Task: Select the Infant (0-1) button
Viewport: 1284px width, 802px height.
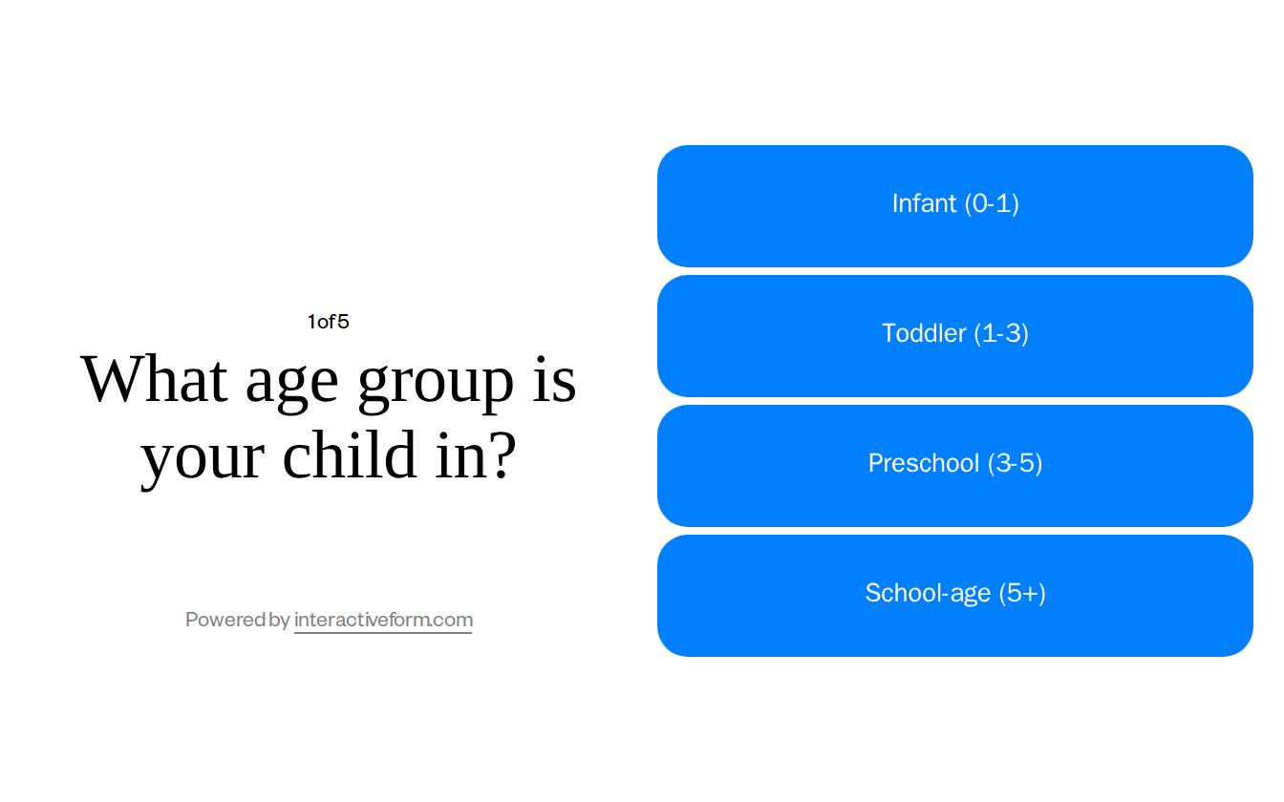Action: coord(955,206)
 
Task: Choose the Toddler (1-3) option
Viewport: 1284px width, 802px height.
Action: coord(955,336)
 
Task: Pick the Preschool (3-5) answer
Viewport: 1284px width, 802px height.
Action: coord(955,466)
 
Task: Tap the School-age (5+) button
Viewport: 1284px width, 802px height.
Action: coord(955,596)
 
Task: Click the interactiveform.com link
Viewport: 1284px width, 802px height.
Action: coord(383,620)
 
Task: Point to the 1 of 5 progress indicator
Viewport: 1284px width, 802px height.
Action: coord(328,322)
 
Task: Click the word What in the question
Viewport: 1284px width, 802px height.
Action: coord(154,379)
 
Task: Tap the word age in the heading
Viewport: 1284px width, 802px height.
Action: coord(291,382)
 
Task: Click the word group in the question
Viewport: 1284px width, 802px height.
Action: coord(436,382)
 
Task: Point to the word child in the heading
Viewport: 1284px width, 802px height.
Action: coord(350,454)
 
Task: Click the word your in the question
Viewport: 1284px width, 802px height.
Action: coord(203,458)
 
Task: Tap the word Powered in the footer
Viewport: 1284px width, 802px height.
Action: coord(226,620)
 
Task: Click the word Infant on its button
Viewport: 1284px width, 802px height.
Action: coord(924,203)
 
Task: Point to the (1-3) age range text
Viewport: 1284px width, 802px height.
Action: coord(1001,333)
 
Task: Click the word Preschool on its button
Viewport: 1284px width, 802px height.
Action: coord(924,463)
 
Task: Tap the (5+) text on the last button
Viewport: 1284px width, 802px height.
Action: coord(1022,593)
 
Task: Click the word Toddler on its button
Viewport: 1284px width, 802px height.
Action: coord(924,333)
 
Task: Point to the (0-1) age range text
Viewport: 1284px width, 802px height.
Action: coord(992,203)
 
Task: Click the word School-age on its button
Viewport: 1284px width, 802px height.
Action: coord(928,593)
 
